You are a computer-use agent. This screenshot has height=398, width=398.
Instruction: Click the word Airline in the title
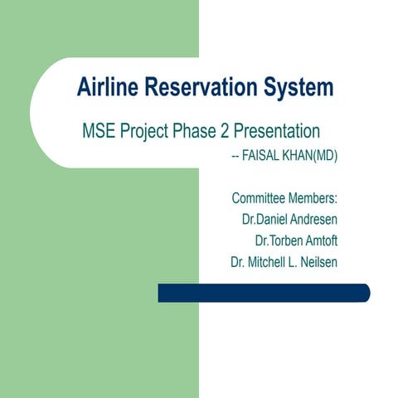coord(105,86)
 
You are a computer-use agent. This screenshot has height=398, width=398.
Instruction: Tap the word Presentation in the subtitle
coord(282,132)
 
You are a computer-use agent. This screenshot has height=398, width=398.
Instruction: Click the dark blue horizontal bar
coord(264,293)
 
